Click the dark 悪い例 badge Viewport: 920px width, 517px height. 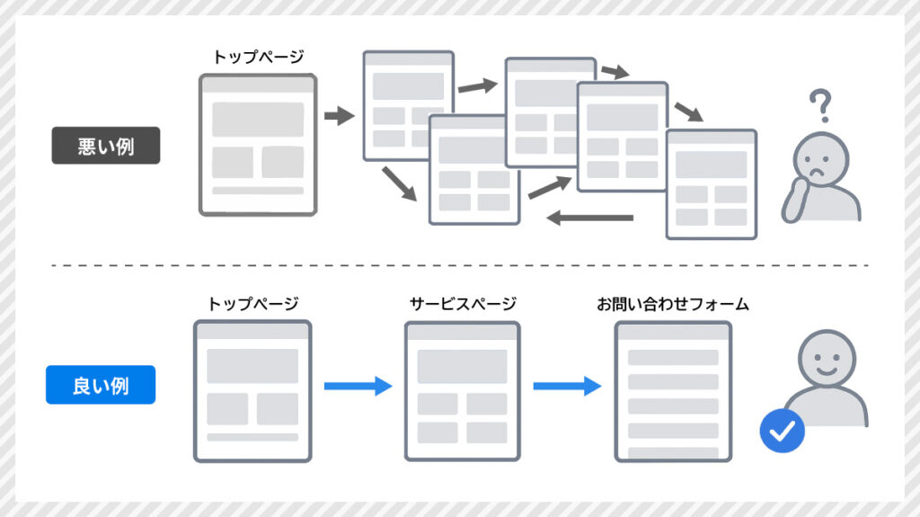click(x=106, y=146)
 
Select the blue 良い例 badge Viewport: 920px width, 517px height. click(x=101, y=385)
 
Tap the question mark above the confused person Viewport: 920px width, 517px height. click(x=819, y=105)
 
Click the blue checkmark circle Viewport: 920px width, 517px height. click(x=782, y=431)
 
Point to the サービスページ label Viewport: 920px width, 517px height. click(x=462, y=304)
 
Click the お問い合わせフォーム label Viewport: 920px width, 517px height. click(x=673, y=304)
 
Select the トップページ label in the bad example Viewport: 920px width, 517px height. click(x=257, y=57)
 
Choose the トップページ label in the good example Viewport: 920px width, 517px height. click(x=252, y=304)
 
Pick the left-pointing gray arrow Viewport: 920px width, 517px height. click(x=590, y=217)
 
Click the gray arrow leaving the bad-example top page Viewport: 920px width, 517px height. click(x=340, y=116)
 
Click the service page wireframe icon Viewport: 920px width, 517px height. click(x=462, y=391)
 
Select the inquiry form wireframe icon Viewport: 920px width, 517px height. click(x=673, y=391)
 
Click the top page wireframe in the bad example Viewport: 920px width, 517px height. click(x=258, y=145)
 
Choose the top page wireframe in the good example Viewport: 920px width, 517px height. click(x=252, y=391)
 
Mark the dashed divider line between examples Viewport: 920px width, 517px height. click(x=460, y=265)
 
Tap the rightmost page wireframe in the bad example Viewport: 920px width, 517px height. click(x=712, y=184)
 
